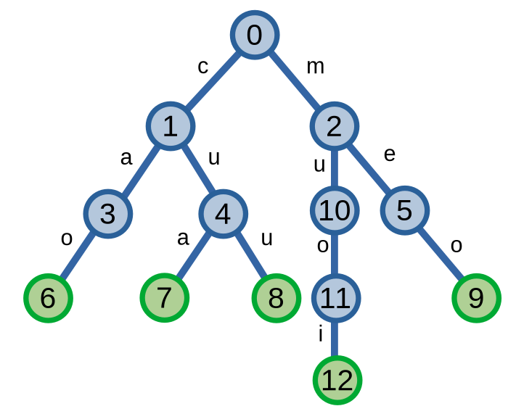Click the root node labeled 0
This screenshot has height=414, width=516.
click(255, 35)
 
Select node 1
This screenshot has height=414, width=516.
click(170, 126)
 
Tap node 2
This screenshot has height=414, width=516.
click(334, 126)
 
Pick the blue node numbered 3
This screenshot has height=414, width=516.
click(107, 214)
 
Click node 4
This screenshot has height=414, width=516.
click(223, 214)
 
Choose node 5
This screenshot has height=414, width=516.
click(404, 210)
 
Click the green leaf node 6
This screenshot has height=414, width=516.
click(48, 298)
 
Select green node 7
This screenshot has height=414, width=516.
click(165, 298)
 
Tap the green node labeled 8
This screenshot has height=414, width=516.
click(277, 298)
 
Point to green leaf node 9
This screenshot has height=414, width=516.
click(476, 298)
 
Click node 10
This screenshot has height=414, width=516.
click(335, 210)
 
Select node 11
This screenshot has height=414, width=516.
click(335, 298)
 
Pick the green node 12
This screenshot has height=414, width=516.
click(337, 380)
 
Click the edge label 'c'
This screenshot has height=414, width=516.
click(203, 67)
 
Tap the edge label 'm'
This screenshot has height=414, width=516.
click(315, 67)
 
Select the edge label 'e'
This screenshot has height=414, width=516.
click(390, 154)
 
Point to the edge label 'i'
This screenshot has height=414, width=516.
click(320, 334)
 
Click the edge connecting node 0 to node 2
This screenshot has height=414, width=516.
click(294, 80)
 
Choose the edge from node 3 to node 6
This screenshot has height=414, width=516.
click(78, 256)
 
